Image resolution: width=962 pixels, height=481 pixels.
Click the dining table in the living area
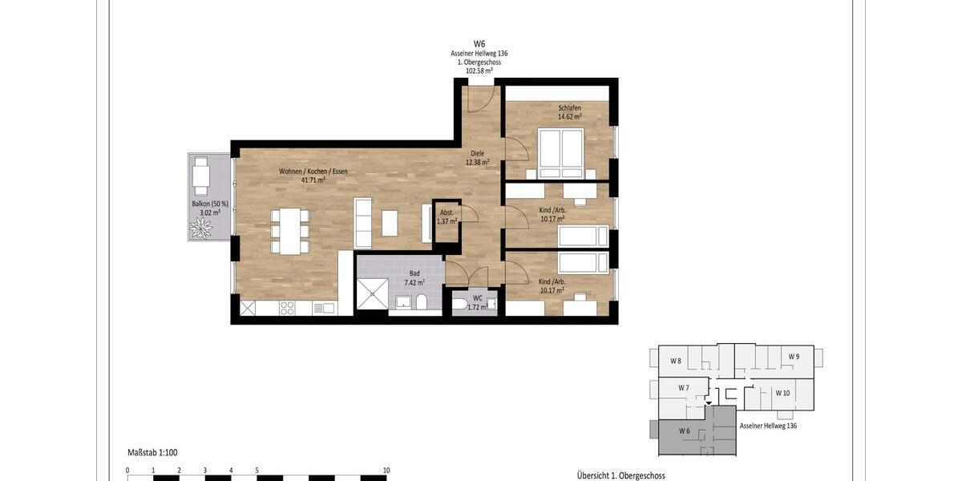tap(289, 231)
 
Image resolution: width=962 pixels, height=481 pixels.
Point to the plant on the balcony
tap(200, 229)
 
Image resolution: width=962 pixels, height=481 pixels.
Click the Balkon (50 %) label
tap(210, 208)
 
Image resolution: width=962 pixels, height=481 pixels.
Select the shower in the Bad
tap(373, 293)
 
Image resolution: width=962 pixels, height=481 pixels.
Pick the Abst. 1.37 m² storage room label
tap(447, 216)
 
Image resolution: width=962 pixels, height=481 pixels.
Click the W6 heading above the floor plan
tap(479, 44)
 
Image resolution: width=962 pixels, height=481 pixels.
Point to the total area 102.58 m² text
tap(479, 71)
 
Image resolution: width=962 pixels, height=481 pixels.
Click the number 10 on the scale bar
tap(386, 471)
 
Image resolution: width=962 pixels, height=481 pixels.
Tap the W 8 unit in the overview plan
tap(675, 361)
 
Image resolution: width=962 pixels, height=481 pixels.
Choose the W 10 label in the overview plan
tap(784, 393)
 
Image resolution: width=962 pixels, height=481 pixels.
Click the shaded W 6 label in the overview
tap(684, 431)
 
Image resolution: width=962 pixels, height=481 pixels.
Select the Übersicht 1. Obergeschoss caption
tap(620, 475)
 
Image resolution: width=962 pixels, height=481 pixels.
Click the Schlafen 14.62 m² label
tap(569, 112)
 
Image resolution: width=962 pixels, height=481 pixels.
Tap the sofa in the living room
tap(362, 222)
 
